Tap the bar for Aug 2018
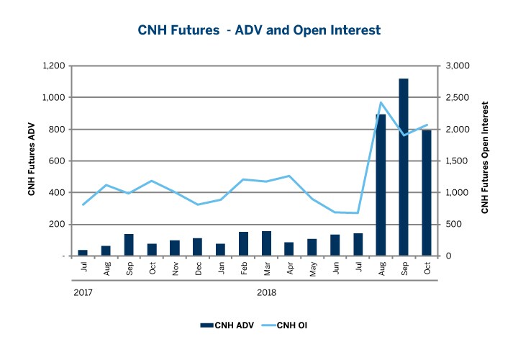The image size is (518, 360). click(x=381, y=185)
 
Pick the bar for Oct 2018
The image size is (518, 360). click(x=427, y=193)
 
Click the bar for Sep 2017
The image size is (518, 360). click(x=129, y=245)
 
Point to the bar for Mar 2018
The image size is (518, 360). click(x=267, y=243)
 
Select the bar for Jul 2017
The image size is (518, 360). click(x=83, y=253)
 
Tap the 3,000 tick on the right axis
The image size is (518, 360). click(x=458, y=66)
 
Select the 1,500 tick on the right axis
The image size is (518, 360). click(x=458, y=161)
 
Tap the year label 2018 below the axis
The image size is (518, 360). click(x=267, y=293)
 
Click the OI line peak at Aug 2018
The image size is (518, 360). click(x=381, y=102)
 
